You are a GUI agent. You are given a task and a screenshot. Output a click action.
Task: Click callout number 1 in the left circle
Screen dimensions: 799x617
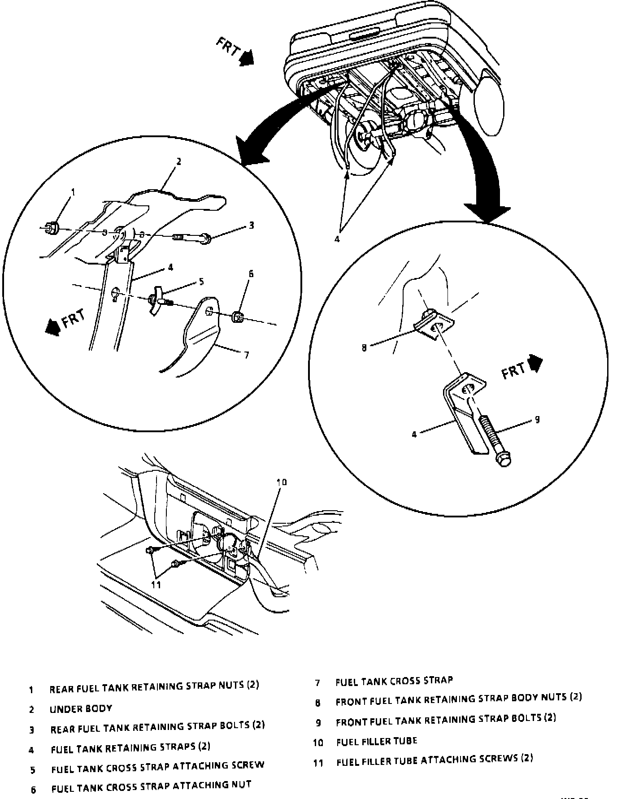[x=73, y=193]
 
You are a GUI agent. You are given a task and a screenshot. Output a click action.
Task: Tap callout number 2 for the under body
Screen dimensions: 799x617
[x=178, y=161]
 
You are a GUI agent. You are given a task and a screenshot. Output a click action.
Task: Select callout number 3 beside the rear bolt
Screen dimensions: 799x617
[x=251, y=226]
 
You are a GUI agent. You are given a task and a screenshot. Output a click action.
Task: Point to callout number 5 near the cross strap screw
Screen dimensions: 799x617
[x=201, y=282]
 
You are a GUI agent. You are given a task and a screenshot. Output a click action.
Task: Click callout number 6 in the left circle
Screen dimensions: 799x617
[x=251, y=274]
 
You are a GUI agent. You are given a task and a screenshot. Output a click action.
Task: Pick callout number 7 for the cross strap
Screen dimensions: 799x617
[x=247, y=355]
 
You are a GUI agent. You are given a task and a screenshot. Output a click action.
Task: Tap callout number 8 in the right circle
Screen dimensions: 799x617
[x=364, y=347]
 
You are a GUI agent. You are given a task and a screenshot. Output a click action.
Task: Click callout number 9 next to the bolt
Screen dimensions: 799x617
[x=537, y=420]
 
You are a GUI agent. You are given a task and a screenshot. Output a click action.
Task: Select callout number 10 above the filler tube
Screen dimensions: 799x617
[x=282, y=482]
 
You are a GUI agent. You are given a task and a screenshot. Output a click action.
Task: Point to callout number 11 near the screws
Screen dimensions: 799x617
[x=156, y=585]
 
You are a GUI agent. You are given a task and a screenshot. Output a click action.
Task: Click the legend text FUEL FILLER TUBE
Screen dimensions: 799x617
[x=377, y=741]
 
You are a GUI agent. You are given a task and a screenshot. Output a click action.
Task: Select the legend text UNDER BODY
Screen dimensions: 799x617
[x=81, y=709]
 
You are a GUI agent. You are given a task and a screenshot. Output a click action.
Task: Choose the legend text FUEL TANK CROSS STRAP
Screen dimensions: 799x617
[x=394, y=681]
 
